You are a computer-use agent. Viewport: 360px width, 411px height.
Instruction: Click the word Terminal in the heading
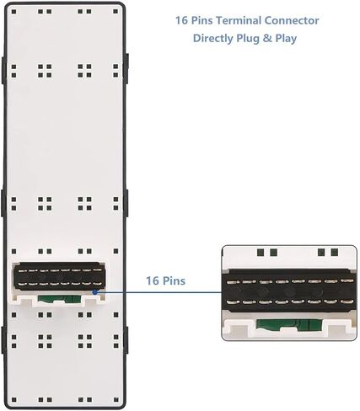tap(239, 20)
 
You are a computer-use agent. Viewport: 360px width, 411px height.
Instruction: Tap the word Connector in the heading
tap(292, 20)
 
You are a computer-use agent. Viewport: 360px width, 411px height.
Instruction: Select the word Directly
tap(213, 38)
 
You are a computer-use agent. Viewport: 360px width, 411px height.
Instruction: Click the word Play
tap(286, 39)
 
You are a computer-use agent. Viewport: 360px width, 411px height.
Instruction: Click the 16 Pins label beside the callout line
tap(166, 280)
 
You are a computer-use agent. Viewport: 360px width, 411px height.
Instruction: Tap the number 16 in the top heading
tap(181, 20)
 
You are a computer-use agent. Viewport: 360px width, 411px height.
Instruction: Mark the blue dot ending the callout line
tap(95, 292)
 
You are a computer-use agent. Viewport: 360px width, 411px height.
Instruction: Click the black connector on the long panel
tap(59, 276)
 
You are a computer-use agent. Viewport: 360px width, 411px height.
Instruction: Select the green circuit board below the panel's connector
tap(59, 298)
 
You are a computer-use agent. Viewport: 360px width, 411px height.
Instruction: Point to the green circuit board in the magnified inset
tap(289, 324)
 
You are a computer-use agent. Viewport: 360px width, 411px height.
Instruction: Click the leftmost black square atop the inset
tap(261, 253)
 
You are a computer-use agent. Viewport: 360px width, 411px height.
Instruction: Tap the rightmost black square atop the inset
tap(335, 252)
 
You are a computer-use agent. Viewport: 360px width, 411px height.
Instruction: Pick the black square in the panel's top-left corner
tap(13, 12)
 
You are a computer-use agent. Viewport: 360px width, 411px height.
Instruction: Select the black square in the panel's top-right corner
tap(116, 12)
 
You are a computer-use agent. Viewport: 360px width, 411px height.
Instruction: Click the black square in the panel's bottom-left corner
tap(13, 399)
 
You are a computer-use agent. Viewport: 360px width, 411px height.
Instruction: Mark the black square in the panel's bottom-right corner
tap(116, 399)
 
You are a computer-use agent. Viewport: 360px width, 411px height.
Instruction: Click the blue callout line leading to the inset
tap(159, 292)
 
